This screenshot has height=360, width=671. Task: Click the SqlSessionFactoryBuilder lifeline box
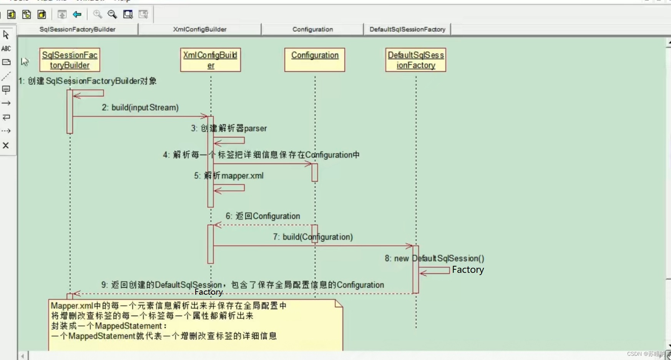(70, 60)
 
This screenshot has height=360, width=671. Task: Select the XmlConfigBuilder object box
(210, 60)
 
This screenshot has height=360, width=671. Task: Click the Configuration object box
(314, 60)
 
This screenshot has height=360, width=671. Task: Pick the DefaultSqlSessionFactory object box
(415, 60)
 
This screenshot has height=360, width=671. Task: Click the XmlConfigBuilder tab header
(199, 29)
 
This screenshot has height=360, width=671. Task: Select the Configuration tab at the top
(312, 29)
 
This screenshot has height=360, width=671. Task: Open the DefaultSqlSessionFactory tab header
(407, 29)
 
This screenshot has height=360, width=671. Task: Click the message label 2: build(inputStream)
(140, 108)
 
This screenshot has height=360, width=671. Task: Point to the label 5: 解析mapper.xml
(229, 176)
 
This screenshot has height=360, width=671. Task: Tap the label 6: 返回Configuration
(263, 216)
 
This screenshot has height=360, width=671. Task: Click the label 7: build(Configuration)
(313, 237)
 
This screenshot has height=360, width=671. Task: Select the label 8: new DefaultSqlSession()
(434, 259)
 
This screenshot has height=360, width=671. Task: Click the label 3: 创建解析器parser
(229, 128)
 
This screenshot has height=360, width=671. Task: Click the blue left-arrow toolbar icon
(77, 15)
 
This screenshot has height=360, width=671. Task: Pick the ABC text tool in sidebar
(6, 48)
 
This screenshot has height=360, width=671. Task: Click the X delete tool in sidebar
(6, 145)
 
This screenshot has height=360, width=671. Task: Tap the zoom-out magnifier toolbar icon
(112, 15)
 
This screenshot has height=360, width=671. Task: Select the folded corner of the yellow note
(339, 304)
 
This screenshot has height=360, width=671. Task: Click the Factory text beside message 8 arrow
(468, 270)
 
